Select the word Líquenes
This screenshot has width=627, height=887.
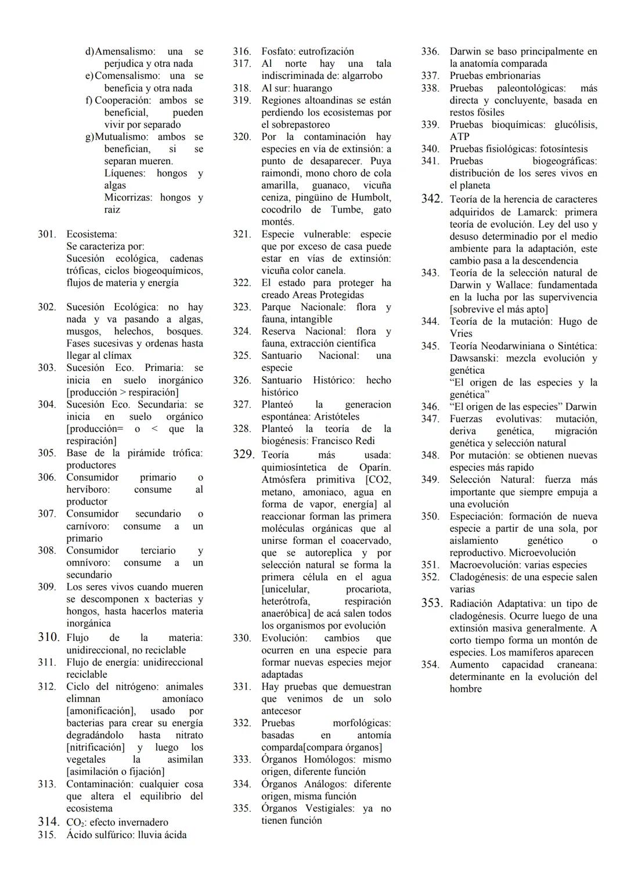pos(125,173)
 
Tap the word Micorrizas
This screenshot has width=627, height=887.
pos(128,197)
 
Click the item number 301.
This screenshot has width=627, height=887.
pos(47,234)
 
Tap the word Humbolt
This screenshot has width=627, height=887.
pos(370,197)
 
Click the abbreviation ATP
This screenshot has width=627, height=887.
pos(459,136)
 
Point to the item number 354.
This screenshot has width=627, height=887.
pos(430,665)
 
